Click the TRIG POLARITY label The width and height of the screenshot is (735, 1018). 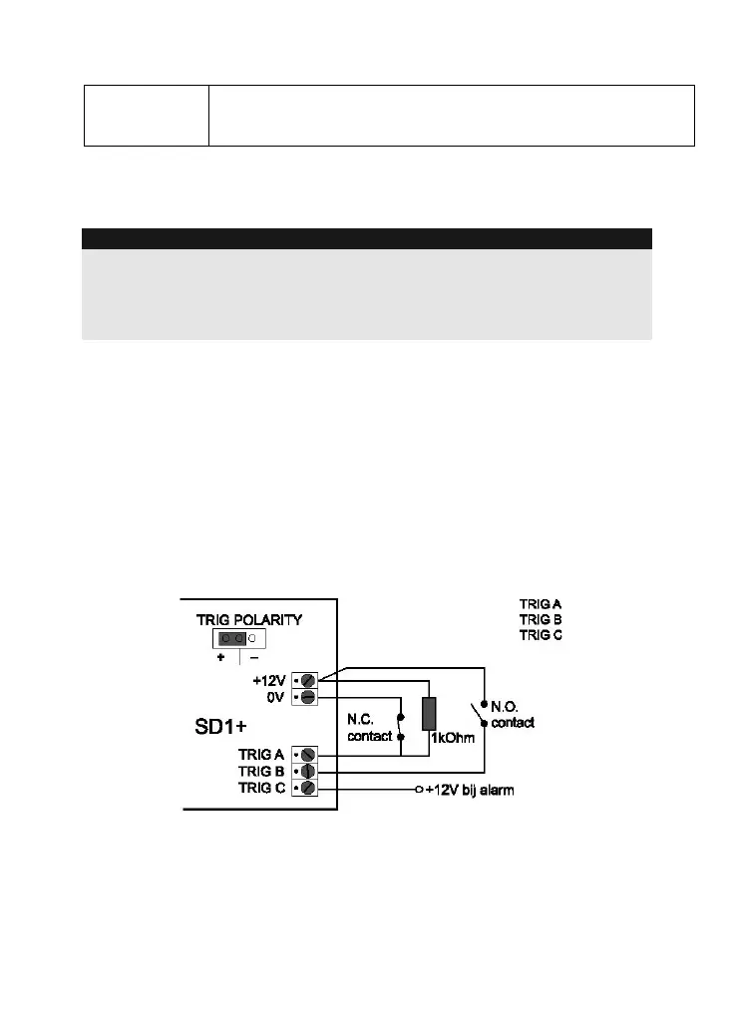point(248,619)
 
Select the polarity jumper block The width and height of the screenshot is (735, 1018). point(234,638)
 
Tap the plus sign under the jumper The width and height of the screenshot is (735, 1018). point(220,658)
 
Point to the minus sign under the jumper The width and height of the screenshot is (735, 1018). point(253,658)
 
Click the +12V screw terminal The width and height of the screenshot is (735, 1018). point(308,680)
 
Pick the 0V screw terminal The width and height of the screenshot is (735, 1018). point(308,697)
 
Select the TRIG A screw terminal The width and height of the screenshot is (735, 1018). point(308,755)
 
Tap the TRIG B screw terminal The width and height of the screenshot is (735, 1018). point(308,772)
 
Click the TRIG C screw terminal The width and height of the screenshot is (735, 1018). point(308,789)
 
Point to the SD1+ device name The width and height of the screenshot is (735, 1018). point(221,727)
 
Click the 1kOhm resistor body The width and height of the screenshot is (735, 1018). point(429,714)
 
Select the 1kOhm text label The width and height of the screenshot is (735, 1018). point(454,739)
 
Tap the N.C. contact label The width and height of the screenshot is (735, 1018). point(369,728)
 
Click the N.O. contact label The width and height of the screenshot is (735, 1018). point(512,714)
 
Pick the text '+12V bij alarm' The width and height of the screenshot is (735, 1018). point(471,790)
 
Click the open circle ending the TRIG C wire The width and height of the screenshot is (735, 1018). point(419,790)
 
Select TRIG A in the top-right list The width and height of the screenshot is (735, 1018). point(541,603)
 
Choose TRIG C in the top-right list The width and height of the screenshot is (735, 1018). point(541,635)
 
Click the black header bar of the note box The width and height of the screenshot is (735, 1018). point(366,238)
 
